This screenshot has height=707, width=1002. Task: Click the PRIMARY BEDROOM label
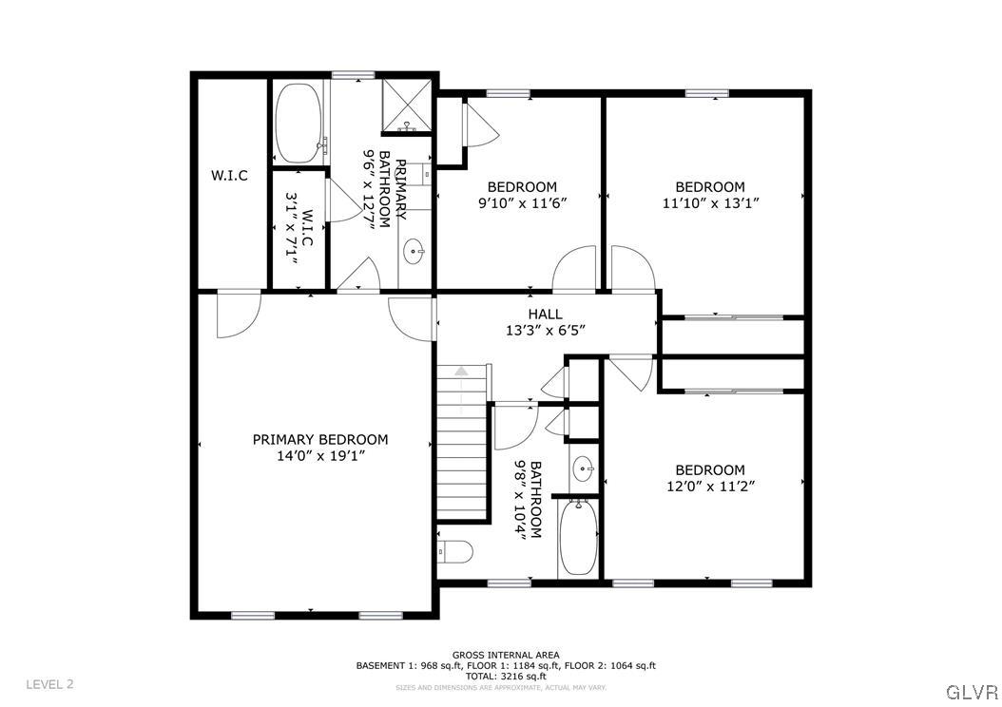[319, 439]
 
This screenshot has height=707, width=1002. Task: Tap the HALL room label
[545, 314]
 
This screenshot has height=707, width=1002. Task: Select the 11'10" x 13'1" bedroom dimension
[709, 202]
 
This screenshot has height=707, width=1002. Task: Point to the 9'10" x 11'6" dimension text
[522, 202]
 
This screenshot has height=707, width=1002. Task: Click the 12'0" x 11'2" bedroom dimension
[709, 486]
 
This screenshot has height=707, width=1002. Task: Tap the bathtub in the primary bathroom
[299, 124]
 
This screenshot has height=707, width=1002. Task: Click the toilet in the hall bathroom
[455, 551]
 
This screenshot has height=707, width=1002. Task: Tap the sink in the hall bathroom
[584, 468]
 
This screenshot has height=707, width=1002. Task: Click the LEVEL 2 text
[49, 684]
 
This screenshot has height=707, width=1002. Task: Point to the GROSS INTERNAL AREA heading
[505, 655]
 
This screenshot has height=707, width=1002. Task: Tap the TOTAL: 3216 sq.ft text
[505, 676]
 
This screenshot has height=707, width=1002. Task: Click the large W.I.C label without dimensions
[229, 175]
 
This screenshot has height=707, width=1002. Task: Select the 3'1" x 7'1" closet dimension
[298, 228]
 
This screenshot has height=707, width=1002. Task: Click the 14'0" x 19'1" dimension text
[319, 455]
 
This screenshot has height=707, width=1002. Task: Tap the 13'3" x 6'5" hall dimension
[545, 330]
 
